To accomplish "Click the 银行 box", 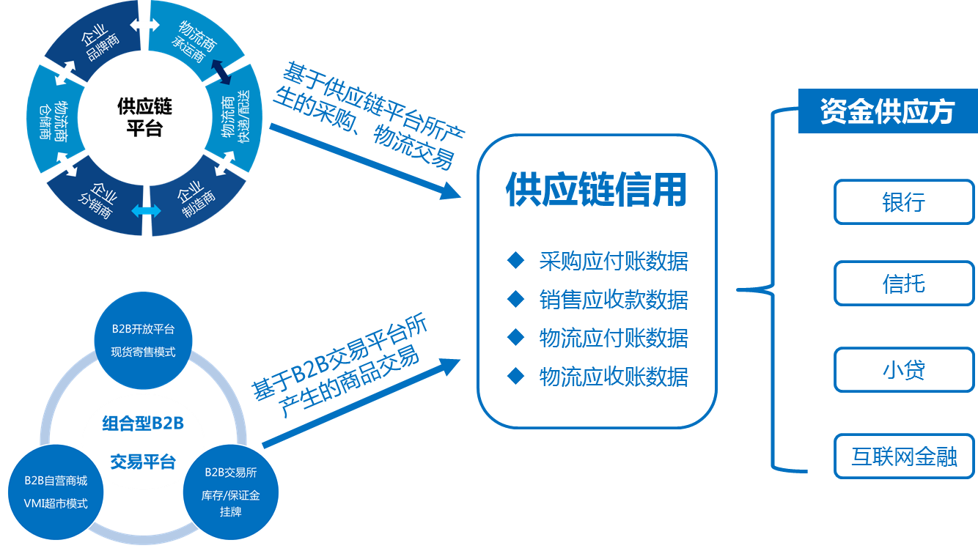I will (903, 201).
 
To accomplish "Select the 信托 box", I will (903, 284).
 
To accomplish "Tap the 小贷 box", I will (903, 369).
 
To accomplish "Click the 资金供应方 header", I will (887, 112).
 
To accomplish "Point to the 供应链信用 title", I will (596, 191).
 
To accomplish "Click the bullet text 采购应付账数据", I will (614, 261).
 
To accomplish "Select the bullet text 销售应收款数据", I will (614, 299).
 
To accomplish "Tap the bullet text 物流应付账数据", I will (614, 338).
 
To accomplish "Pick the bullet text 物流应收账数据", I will (614, 377).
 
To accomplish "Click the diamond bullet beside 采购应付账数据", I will (516, 259).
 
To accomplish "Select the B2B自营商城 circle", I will (56, 492).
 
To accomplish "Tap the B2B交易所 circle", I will (230, 492).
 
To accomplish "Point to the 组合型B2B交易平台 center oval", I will (143, 442).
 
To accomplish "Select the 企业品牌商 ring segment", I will (93, 44).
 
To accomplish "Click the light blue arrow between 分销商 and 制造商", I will (146, 211).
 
